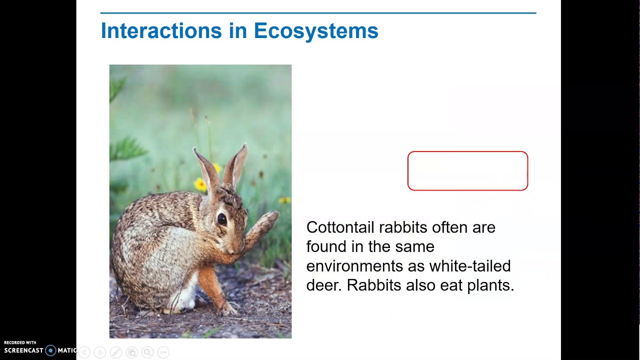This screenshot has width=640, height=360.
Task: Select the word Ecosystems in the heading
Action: click(315, 31)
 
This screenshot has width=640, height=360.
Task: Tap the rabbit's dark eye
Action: click(221, 219)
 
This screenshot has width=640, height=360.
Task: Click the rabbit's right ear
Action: click(236, 165)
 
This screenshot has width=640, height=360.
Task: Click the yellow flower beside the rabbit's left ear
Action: click(200, 185)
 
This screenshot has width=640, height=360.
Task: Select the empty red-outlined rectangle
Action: click(467, 171)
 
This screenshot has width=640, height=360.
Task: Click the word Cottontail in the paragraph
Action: click(340, 227)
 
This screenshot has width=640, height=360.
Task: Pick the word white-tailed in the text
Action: click(469, 266)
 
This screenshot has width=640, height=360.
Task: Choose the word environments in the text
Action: click(354, 266)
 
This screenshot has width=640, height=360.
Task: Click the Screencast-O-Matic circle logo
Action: click(50, 350)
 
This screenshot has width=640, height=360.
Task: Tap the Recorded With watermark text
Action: click(20, 343)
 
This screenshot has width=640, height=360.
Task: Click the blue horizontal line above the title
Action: click(318, 13)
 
